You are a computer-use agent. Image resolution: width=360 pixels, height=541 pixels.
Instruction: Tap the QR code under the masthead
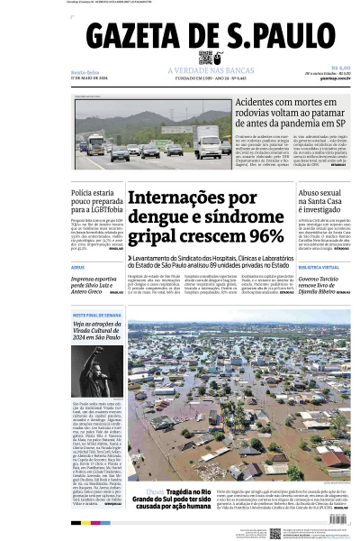pyautogui.click(x=206, y=59)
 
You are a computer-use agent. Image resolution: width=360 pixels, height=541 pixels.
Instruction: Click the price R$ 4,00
pyautogui.click(x=340, y=66)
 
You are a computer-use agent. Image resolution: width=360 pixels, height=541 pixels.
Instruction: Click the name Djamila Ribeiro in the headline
pyautogui.click(x=322, y=292)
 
